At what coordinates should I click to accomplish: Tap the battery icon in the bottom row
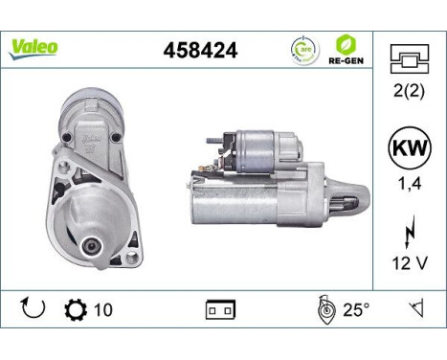pyautogui.click(x=219, y=310)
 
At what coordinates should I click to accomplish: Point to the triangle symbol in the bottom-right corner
pyautogui.click(x=416, y=309)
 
